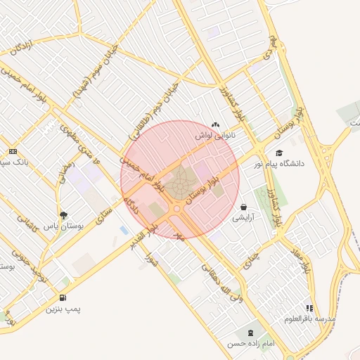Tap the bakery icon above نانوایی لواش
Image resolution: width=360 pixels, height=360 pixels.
pos(215,124)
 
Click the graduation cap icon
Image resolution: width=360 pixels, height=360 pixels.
pos(279,153)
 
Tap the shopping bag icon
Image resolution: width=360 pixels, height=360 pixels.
pos(243,207)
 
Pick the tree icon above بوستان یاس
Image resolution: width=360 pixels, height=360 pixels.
pos(64,216)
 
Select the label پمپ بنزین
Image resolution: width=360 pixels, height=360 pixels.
pos(64,308)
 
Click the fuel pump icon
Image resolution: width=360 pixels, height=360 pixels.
pos(64,297)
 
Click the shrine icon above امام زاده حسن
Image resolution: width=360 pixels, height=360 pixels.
pos(250,333)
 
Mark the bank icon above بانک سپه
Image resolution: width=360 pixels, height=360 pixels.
pos(13,151)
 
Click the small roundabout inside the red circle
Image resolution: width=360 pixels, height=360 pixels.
pos(176,208)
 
